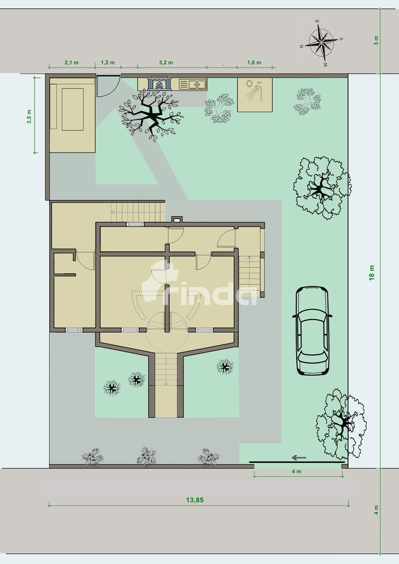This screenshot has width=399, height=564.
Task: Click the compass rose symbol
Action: tap(321, 40)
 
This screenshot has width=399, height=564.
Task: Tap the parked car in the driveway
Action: tap(313, 330)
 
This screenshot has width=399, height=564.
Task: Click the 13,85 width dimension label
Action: tap(195, 500)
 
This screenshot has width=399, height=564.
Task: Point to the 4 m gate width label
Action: tap(296, 472)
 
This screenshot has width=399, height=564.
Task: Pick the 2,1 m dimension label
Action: tap(71, 63)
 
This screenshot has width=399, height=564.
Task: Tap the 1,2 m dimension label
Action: tap(107, 63)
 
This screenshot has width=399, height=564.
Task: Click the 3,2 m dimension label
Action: tap(165, 63)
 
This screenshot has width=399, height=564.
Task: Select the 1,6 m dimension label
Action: tap(254, 63)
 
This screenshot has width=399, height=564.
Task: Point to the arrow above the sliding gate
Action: tap(298, 458)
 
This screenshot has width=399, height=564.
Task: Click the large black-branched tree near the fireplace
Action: tap(150, 115)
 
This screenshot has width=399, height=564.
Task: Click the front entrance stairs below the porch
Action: tap(167, 369)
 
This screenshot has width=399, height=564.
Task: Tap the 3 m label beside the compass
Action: tap(377, 40)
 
